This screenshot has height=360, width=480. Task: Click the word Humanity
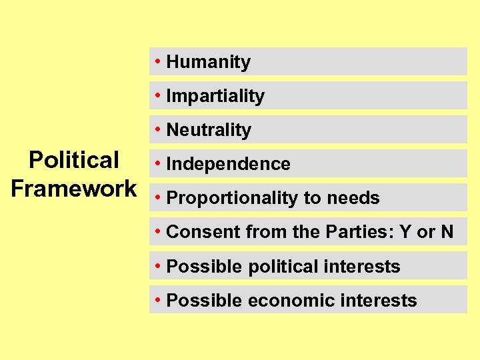208,63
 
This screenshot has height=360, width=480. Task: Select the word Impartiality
215,97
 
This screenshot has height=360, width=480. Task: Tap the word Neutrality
209,131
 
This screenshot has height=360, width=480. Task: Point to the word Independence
228,165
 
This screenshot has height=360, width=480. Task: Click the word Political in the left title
73,161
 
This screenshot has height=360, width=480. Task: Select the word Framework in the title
73,189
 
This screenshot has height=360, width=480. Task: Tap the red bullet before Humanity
157,61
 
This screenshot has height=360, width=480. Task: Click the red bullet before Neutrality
157,129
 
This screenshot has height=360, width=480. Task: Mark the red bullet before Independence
157,163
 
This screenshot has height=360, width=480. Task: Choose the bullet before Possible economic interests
157,299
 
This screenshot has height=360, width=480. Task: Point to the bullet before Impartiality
157,95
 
